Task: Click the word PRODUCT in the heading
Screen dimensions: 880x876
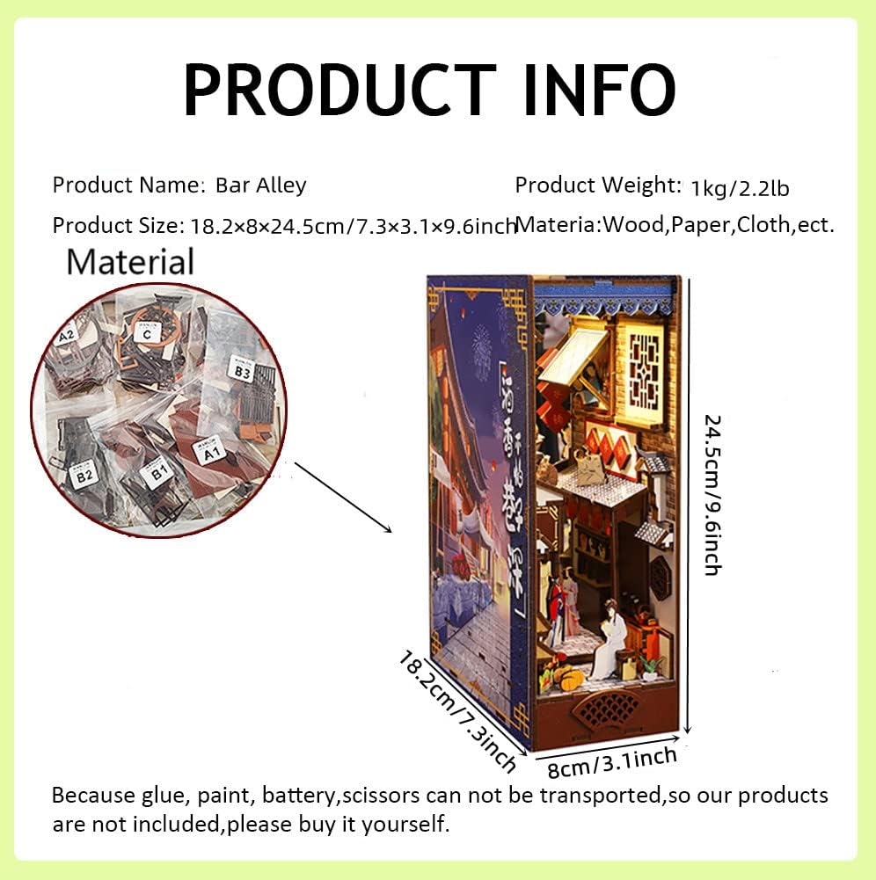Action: pyautogui.click(x=339, y=90)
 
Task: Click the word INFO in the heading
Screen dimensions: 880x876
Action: pyautogui.click(x=599, y=90)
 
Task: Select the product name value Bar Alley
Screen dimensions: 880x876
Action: pyautogui.click(x=260, y=185)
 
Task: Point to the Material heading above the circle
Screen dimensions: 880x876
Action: pyautogui.click(x=130, y=262)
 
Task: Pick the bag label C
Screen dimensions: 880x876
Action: pyautogui.click(x=147, y=332)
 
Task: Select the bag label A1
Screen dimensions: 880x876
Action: pyautogui.click(x=209, y=454)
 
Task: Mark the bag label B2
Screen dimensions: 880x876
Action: pyautogui.click(x=84, y=476)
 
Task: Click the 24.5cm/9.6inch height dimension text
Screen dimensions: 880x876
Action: pyautogui.click(x=712, y=495)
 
